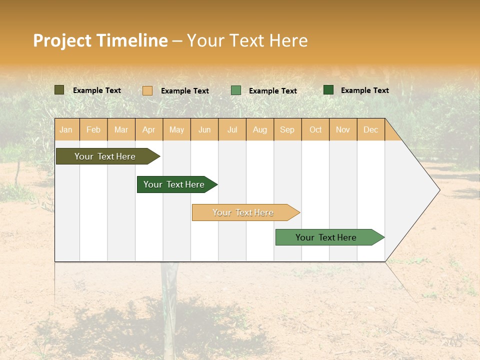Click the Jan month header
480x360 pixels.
click(x=66, y=130)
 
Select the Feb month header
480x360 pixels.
click(x=93, y=130)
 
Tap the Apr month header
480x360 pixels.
click(x=149, y=130)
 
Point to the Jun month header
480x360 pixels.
click(x=204, y=130)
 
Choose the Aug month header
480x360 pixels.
click(x=260, y=130)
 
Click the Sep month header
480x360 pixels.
click(x=287, y=130)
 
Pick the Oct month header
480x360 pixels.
click(x=315, y=130)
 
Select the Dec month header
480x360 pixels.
click(x=371, y=130)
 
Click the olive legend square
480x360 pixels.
click(x=59, y=90)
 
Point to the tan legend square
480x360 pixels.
click(x=147, y=90)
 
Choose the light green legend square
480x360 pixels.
click(x=236, y=90)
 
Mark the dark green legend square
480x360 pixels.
click(x=328, y=90)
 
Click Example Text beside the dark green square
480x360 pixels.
click(x=364, y=90)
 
